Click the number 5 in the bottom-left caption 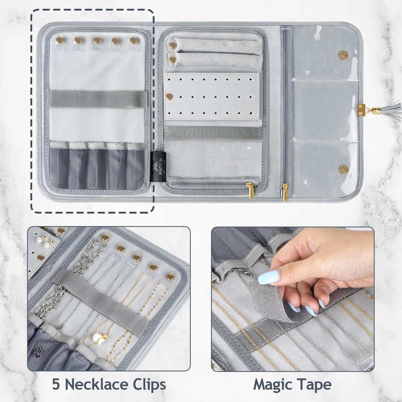coord(56,385)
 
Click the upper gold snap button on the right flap coord(343,56)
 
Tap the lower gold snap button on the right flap coord(343,169)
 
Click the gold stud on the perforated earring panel coord(169,97)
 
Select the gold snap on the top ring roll coord(173,45)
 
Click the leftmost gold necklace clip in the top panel coord(60,40)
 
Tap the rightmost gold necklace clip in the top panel coord(134,40)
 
